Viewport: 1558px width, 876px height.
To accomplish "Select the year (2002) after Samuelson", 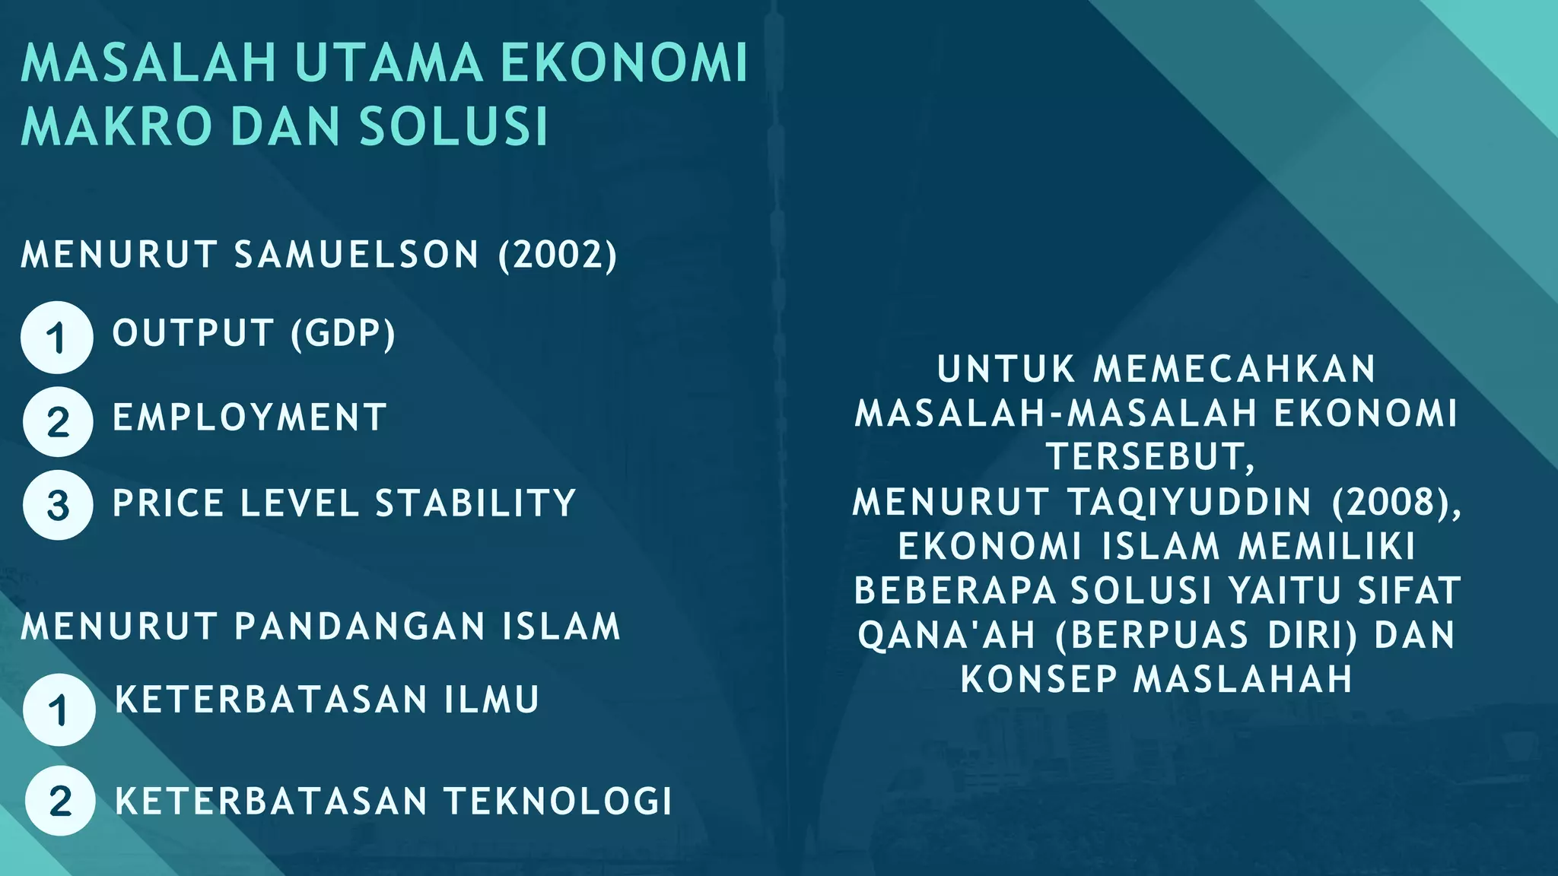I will pos(558,255).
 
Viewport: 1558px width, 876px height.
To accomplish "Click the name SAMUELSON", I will pos(357,255).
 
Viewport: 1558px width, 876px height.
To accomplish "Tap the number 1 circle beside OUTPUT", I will pos(57,338).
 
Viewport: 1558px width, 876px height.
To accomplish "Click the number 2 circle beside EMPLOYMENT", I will pos(58,422).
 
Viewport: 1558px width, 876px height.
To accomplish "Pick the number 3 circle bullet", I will pos(58,506).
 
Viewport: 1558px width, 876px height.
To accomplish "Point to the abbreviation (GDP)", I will pos(343,334).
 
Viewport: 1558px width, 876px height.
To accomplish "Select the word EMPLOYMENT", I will pos(250,418).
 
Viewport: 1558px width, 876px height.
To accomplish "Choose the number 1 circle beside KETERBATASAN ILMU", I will pos(59,710).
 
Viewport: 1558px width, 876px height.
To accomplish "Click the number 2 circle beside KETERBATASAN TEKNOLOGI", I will pos(59,801).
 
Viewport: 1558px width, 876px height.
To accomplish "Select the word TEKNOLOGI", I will pos(558,801).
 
